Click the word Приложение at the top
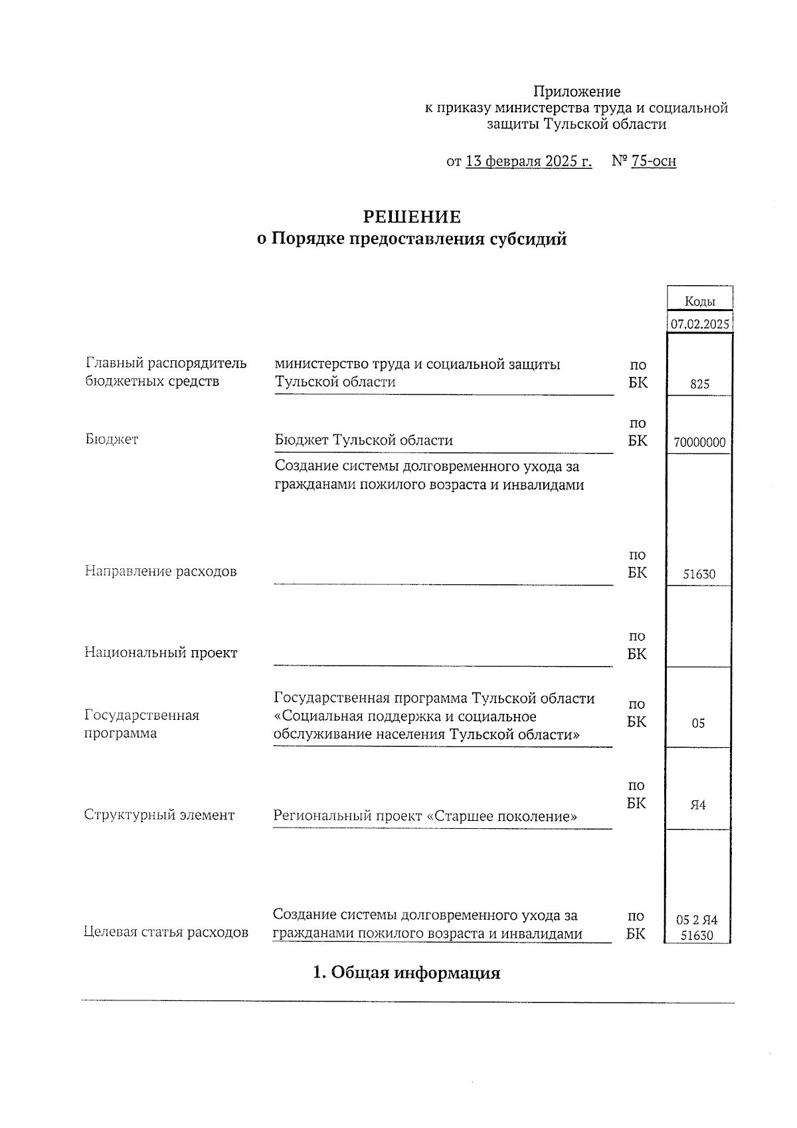577,92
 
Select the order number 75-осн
654,162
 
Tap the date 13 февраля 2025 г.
529,162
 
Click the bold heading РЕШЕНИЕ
412,217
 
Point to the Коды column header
700,302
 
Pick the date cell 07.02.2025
700,325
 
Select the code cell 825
699,384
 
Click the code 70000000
699,443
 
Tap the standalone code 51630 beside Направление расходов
699,574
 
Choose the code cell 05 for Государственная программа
698,723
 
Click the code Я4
698,805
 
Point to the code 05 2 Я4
697,921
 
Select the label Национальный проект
161,653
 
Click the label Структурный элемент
159,815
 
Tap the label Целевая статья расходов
166,933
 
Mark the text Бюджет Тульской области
364,440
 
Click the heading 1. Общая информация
406,973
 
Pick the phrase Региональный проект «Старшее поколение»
425,816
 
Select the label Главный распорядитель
166,364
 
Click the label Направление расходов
161,572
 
